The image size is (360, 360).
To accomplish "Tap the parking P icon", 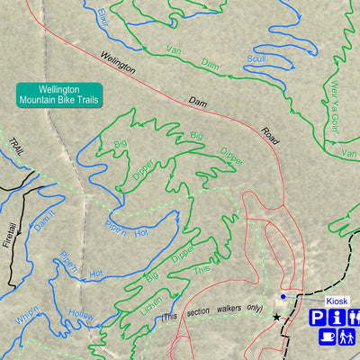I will click(x=317, y=318).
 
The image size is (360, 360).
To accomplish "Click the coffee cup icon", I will click(x=327, y=337).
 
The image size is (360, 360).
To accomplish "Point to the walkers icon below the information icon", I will click(x=346, y=337).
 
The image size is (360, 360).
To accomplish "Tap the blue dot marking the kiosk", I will click(x=283, y=296).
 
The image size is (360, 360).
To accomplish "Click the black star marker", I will click(x=276, y=317).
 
